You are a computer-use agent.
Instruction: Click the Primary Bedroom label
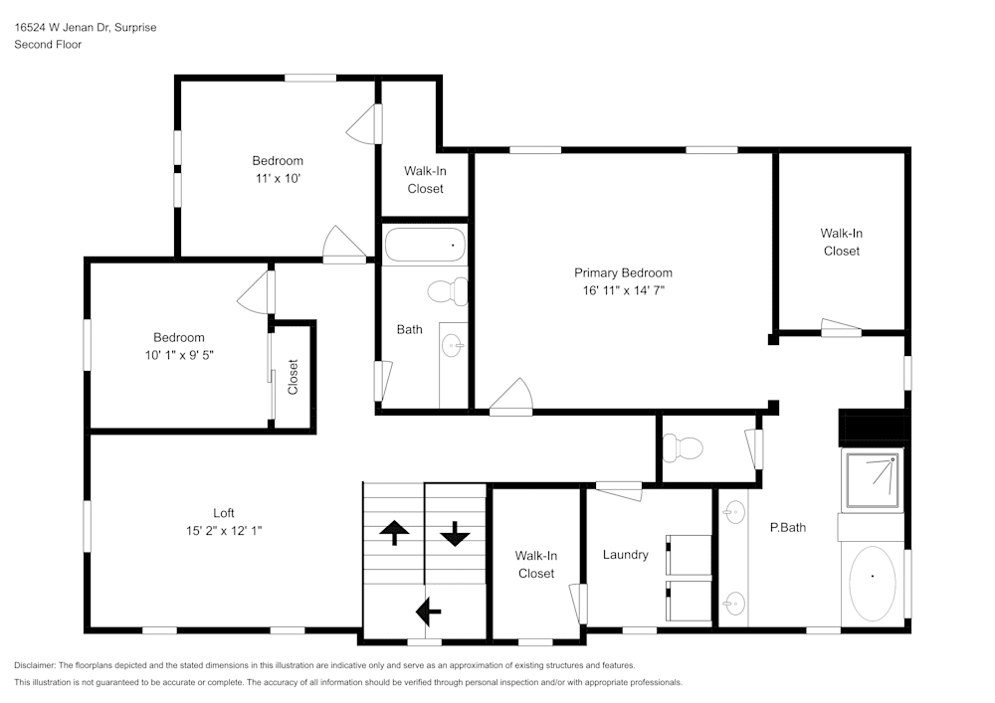click(623, 272)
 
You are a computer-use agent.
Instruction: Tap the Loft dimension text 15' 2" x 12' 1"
click(224, 531)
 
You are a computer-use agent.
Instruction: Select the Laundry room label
click(625, 555)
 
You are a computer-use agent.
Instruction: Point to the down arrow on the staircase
click(455, 534)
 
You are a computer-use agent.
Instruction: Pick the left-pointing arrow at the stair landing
click(429, 608)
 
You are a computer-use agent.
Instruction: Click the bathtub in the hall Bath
click(425, 245)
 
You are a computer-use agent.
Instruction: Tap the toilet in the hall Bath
click(449, 291)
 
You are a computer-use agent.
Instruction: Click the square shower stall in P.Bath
click(872, 478)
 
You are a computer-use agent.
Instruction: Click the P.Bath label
click(788, 527)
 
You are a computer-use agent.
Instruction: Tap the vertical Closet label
click(293, 377)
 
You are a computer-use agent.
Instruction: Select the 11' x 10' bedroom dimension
click(277, 179)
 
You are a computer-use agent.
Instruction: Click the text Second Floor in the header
click(48, 45)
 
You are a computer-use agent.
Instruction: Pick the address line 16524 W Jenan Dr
click(85, 28)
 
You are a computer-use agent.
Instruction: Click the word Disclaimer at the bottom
click(36, 664)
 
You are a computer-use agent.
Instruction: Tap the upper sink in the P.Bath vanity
click(734, 513)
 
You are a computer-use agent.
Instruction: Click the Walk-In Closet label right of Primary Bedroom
click(841, 242)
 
